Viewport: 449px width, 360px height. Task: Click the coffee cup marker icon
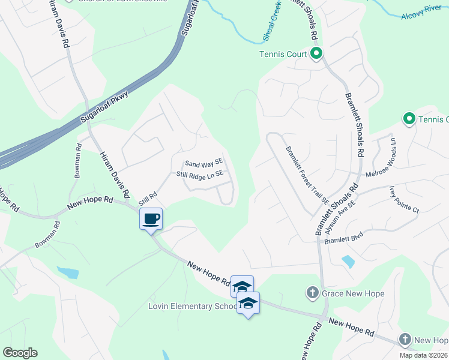point(151,218)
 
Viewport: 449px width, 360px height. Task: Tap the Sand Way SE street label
point(204,163)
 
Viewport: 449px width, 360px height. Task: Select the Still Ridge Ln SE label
point(200,174)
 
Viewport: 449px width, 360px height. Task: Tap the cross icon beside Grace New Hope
point(312,293)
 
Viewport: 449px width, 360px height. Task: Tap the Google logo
point(20,353)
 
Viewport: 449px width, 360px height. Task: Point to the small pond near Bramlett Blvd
point(347,262)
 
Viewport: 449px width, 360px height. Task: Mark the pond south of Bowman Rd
point(68,273)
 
